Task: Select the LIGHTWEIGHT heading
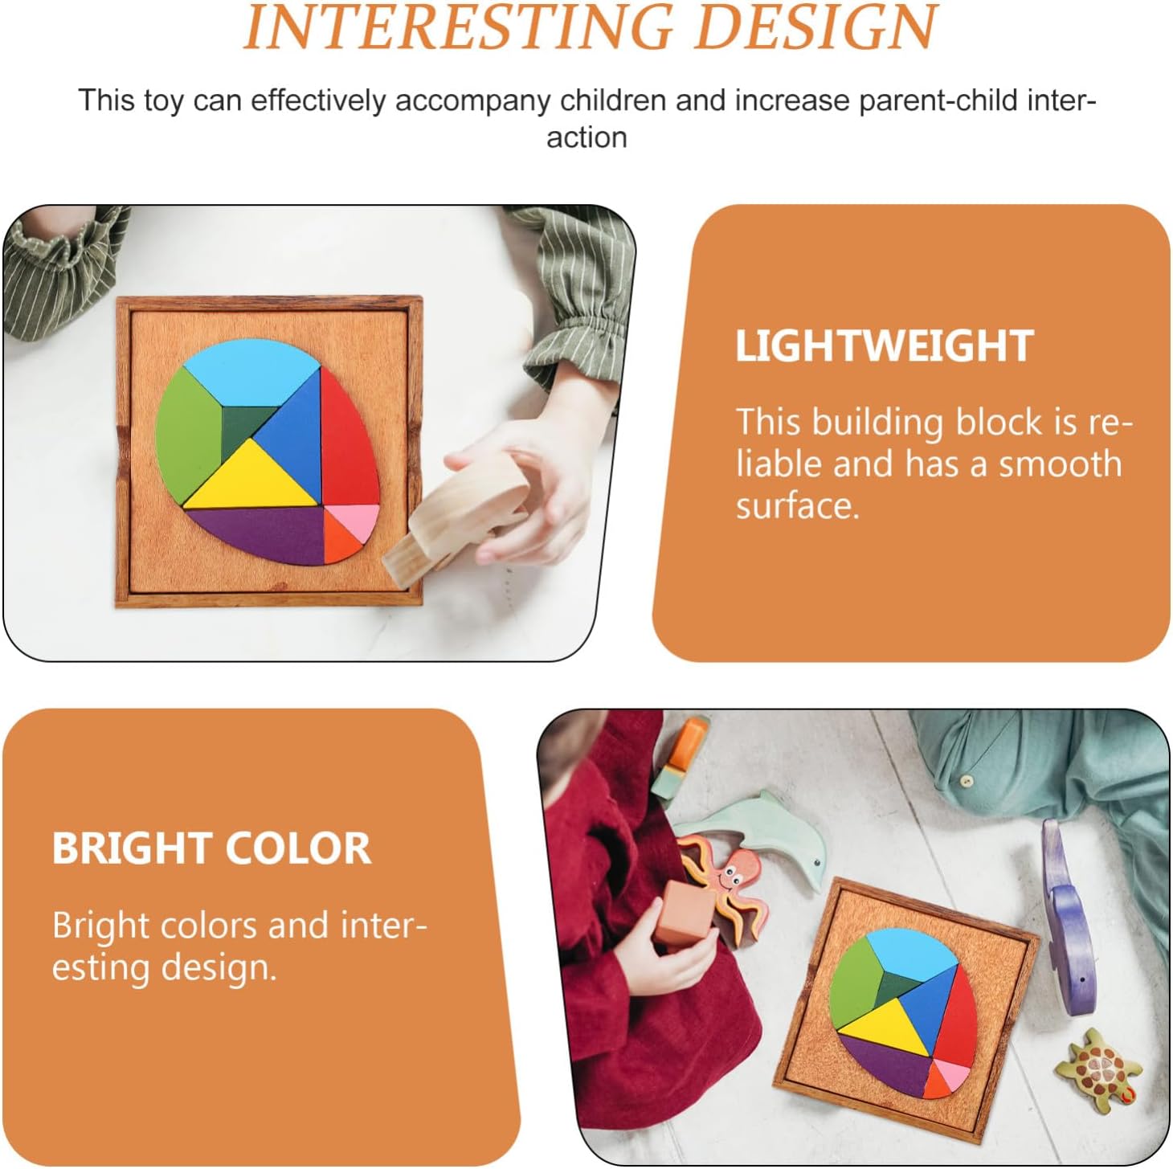pos(885,345)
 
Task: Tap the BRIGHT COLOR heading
pos(211,848)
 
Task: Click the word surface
pos(798,506)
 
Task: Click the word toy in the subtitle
pos(163,102)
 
